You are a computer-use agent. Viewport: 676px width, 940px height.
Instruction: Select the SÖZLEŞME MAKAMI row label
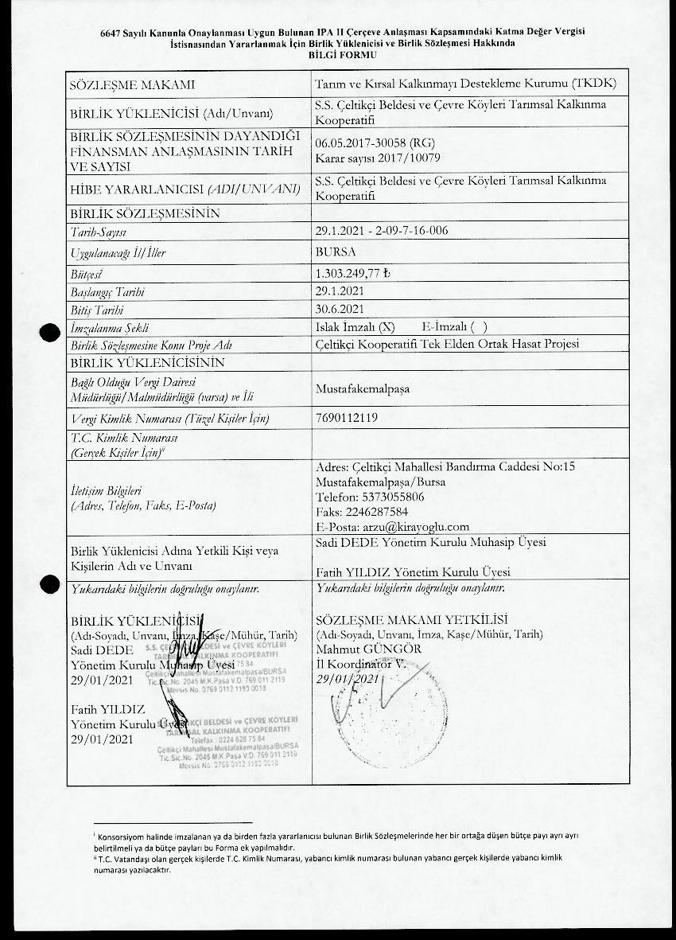(133, 84)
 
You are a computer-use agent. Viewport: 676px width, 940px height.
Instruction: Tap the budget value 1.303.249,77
(353, 273)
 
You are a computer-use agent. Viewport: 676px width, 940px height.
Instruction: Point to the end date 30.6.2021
(340, 309)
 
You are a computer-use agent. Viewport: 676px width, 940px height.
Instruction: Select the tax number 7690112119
(347, 417)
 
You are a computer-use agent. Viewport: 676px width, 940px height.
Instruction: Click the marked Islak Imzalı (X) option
(355, 327)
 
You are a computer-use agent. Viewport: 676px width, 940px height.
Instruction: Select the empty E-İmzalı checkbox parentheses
(479, 327)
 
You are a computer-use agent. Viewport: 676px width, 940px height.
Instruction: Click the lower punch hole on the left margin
(51, 584)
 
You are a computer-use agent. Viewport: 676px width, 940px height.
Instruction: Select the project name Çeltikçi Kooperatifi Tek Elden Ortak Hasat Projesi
(447, 344)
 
